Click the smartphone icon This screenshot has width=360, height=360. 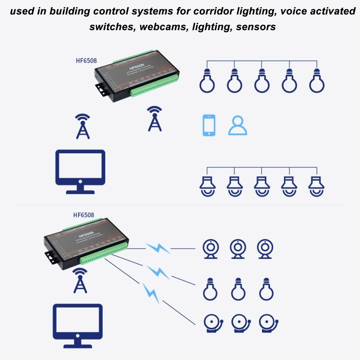click(209, 125)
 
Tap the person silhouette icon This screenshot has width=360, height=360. click(238, 126)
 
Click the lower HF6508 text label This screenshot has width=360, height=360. click(84, 215)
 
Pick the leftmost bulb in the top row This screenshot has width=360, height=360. click(207, 81)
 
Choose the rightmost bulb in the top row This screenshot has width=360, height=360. click(316, 81)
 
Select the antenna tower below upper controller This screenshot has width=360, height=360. click(155, 119)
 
